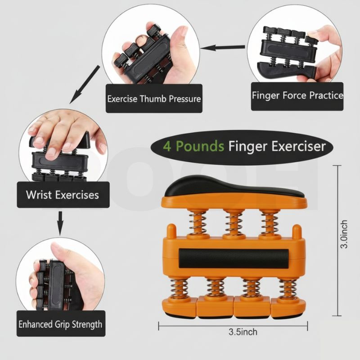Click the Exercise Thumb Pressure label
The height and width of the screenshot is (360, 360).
click(153, 98)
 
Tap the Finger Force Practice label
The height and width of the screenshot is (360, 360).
click(297, 96)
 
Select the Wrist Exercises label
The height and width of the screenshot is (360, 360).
click(62, 195)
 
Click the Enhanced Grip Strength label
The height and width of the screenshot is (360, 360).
click(60, 324)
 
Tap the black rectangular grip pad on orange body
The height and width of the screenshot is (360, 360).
click(233, 258)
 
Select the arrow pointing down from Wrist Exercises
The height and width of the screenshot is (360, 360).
click(60, 223)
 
